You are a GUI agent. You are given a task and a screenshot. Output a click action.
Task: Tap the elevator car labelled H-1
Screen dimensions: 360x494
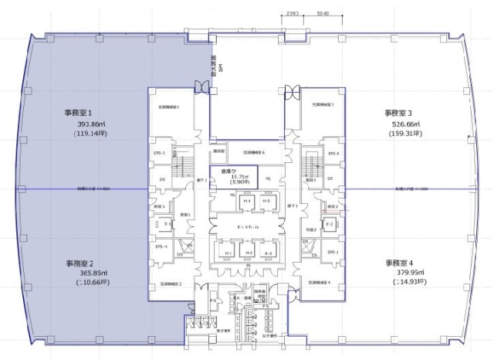[x=228, y=253]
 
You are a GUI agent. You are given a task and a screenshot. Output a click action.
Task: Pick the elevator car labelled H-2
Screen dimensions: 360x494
[x=249, y=253]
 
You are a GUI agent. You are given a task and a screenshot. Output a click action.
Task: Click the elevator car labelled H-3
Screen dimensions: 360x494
[x=267, y=253]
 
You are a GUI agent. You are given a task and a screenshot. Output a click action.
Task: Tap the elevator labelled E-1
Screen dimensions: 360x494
[x=167, y=224]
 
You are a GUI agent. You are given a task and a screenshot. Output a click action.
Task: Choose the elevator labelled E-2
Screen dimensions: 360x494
[x=329, y=224]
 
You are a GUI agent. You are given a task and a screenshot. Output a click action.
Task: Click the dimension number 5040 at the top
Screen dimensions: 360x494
[x=323, y=13]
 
